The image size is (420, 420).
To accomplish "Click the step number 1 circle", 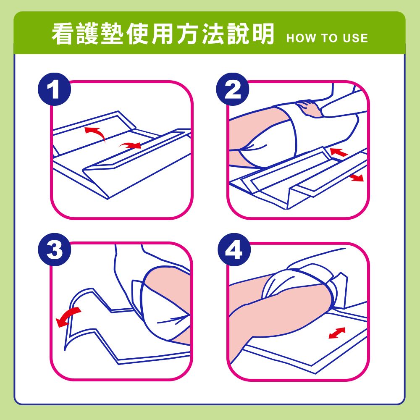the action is point(54,89).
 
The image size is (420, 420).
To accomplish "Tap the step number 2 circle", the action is point(233,89).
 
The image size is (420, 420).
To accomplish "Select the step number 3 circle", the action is point(55,249).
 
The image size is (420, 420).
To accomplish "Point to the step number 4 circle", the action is point(234,249).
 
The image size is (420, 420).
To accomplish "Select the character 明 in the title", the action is point(262,34).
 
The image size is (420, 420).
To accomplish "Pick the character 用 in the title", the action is point(162,34).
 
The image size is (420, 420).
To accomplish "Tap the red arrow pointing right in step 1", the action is point(130,145).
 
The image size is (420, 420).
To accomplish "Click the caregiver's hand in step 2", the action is point(308,108).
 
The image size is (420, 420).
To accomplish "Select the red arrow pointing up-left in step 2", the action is point(339,152).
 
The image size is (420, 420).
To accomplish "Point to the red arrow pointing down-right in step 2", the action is point(356,177).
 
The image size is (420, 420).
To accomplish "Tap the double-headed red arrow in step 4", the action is point(337,333).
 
